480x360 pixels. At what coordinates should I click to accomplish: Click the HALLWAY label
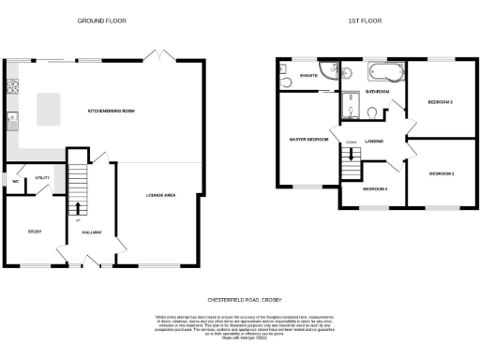click(x=92, y=232)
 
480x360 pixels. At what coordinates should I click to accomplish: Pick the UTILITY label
click(x=42, y=176)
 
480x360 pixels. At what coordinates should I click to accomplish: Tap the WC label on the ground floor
click(x=16, y=181)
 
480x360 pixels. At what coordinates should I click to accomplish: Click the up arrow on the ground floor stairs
click(x=79, y=208)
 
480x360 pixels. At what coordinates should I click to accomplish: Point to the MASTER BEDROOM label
click(x=307, y=139)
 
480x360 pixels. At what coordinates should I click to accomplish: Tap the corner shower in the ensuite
click(x=285, y=69)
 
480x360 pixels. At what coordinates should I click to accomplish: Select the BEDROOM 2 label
click(x=440, y=101)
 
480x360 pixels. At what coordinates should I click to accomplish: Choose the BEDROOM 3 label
click(x=441, y=174)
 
